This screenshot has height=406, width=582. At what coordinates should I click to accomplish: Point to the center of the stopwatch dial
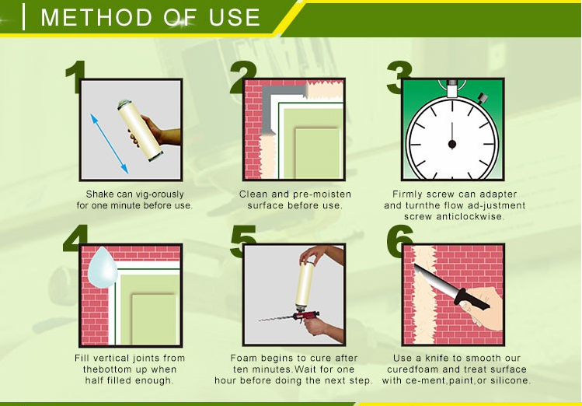coord(451,144)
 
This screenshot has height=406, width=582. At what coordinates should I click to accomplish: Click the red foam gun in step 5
coord(302,317)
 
